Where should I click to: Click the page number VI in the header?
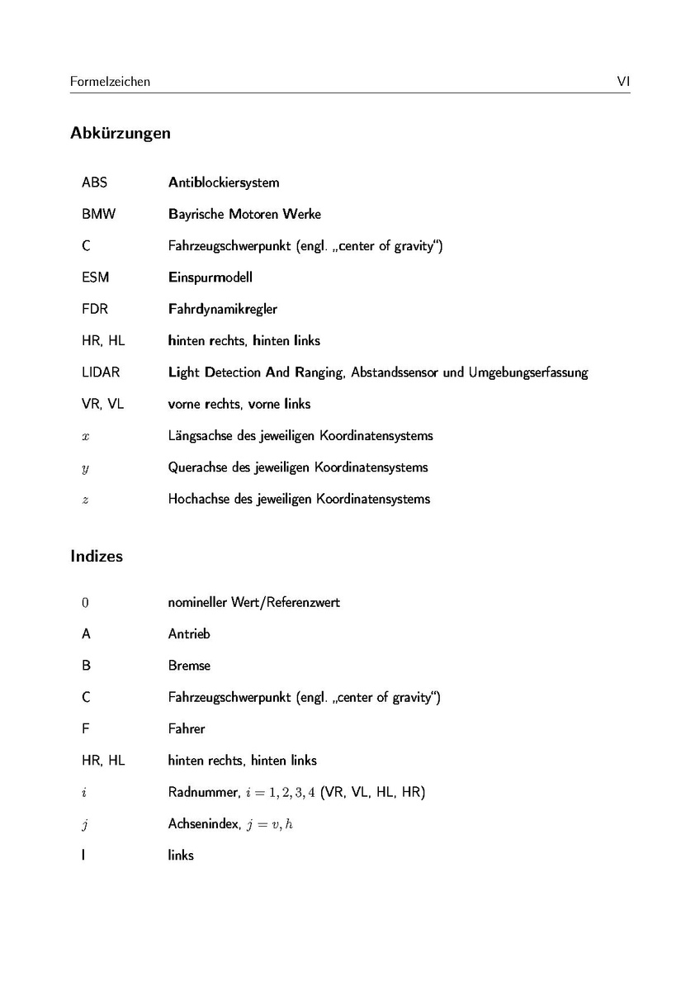(x=623, y=81)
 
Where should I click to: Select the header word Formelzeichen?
(x=110, y=82)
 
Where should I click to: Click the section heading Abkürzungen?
(x=121, y=133)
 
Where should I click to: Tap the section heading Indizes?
(x=97, y=557)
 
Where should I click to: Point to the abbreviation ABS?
(x=94, y=183)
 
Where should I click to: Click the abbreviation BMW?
(x=98, y=214)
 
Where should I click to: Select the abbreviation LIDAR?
(x=100, y=372)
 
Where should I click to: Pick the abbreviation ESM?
(x=95, y=277)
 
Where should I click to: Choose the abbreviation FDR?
(x=95, y=309)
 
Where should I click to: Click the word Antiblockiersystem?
(x=224, y=183)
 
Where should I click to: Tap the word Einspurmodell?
(x=210, y=277)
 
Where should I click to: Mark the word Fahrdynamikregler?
(x=223, y=309)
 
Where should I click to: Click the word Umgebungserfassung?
(x=528, y=372)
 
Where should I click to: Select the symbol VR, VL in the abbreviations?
(x=103, y=404)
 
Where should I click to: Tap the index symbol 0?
(x=85, y=602)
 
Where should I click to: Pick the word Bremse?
(x=189, y=666)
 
